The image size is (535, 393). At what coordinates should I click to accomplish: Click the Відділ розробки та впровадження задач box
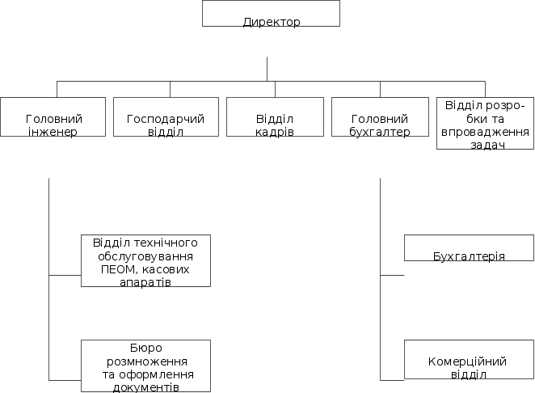click(485, 123)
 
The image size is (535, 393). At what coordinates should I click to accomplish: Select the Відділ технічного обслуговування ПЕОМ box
click(145, 260)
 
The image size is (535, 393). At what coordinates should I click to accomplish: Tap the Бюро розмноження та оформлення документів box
click(145, 366)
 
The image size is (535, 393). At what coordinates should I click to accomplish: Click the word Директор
click(272, 22)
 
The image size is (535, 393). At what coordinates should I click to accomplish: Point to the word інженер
click(53, 132)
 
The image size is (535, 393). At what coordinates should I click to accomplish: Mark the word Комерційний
click(469, 361)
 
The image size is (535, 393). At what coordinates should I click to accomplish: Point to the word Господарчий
click(166, 119)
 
